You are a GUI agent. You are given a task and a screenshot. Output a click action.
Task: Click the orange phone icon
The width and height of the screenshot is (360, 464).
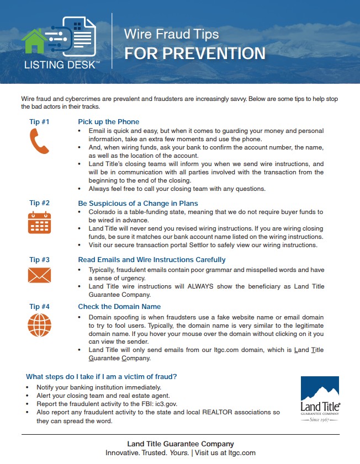39,141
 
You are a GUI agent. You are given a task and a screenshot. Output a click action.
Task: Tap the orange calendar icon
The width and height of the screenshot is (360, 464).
39,223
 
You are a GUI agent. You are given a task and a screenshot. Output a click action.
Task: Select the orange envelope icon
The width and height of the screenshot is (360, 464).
39,275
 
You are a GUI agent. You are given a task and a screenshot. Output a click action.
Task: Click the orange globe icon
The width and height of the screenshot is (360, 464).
39,324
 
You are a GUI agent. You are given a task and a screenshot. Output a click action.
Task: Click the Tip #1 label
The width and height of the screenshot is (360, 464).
39,121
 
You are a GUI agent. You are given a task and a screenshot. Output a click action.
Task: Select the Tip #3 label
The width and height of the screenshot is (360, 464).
39,259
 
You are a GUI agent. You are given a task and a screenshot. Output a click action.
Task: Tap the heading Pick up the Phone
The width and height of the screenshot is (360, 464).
109,122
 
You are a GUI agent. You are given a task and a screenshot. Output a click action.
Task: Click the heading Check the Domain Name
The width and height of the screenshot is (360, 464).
119,307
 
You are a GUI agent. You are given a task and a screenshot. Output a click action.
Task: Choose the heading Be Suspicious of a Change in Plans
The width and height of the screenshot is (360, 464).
138,203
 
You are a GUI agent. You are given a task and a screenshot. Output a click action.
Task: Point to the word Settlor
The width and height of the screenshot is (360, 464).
225,245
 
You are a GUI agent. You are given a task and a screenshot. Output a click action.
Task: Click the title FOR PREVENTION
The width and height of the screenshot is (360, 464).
194,54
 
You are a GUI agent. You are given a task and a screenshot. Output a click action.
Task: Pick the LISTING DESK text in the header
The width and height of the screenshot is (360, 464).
62,65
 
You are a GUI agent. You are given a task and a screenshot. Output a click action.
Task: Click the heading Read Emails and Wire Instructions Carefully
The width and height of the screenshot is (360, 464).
152,259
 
